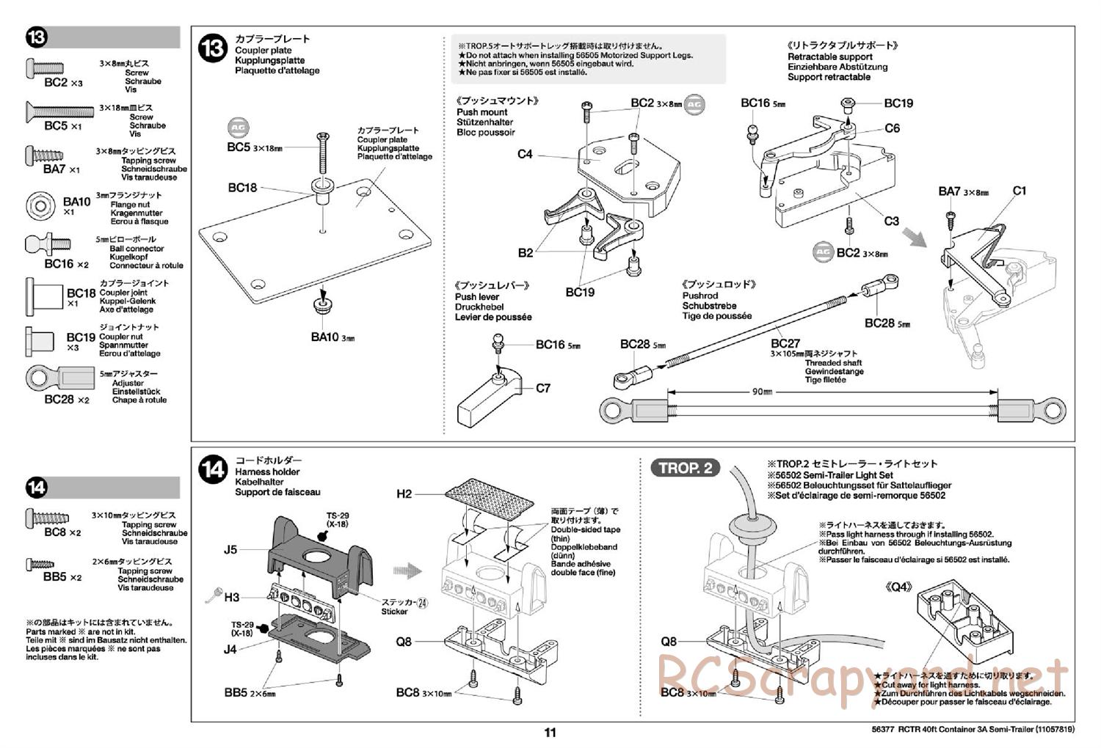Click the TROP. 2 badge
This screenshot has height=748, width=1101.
685,468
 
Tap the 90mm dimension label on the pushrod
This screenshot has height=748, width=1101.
762,392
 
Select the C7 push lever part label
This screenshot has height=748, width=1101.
543,388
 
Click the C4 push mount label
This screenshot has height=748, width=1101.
525,154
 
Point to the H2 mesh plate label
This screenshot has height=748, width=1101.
404,494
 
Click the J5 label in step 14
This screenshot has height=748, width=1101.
230,549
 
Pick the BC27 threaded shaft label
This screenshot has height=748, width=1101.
785,343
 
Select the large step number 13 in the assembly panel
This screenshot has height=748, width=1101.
213,50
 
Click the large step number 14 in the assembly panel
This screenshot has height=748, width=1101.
213,469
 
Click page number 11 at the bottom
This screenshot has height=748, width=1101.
550,732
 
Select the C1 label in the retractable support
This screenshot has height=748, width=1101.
1020,191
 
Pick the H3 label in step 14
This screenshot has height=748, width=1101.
232,598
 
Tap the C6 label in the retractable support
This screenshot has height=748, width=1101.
892,128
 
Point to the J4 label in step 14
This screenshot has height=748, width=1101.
230,648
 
